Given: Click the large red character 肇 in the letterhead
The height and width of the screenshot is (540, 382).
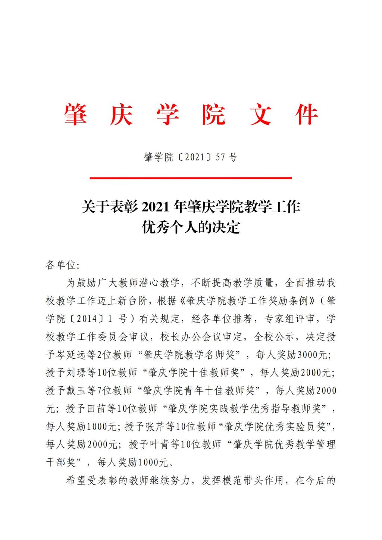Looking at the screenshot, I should pos(76,114).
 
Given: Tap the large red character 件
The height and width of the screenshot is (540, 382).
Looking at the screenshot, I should pos(307,114).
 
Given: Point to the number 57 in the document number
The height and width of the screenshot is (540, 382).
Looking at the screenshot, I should pos(220,157).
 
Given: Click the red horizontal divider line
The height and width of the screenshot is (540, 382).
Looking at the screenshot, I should pos(191,178).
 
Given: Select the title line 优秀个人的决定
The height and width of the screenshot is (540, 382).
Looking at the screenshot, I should pos(191,227).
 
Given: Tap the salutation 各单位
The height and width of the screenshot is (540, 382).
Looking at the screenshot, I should pos(61,265).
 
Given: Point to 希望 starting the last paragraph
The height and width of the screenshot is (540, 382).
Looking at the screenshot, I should pos(76,480).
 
